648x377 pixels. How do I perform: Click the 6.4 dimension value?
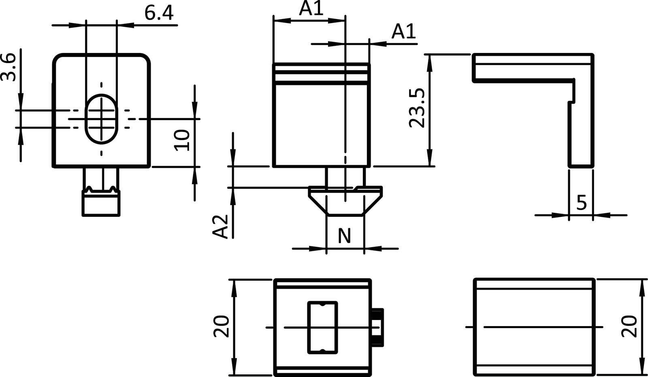point(159,13)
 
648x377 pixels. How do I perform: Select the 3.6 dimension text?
point(9,68)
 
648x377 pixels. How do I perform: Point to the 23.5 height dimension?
point(417,108)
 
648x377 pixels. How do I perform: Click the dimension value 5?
point(581,202)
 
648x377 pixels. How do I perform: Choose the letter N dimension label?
point(344,236)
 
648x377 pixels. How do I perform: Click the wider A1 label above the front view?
point(311,8)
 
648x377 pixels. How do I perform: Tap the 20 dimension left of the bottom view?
point(222,327)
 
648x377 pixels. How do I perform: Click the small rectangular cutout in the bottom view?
point(322,327)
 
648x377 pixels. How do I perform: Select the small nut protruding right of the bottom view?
point(377,327)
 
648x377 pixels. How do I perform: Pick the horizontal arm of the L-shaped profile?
point(526,66)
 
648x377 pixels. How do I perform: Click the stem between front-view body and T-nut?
point(345,176)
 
